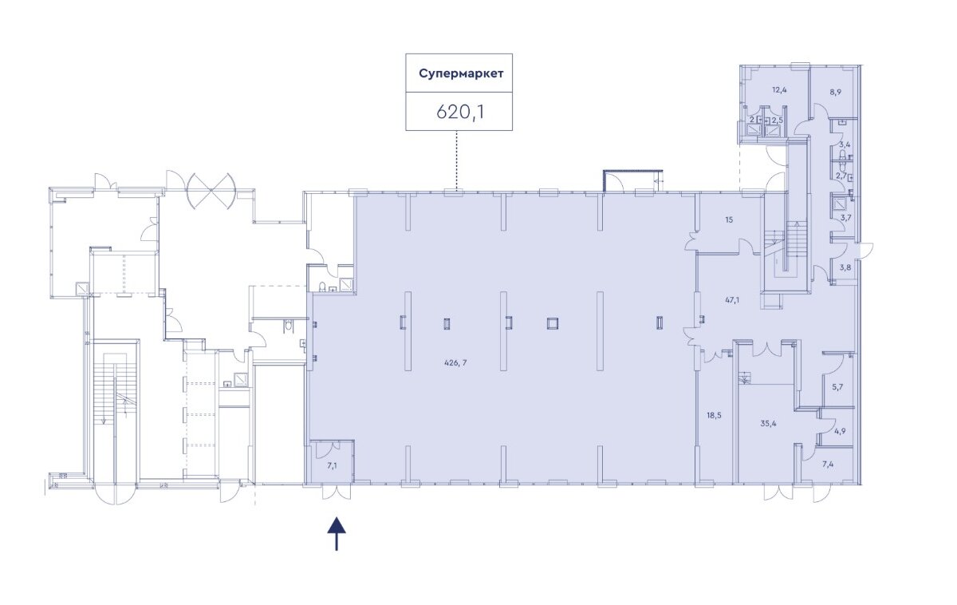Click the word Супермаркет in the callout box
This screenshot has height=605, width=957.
461,73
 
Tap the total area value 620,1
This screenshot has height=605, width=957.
460,112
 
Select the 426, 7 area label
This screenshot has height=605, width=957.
456,363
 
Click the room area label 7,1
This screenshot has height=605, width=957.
332,465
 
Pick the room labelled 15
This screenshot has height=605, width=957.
729,219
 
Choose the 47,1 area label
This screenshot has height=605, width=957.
732,300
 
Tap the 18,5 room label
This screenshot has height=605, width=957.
714,415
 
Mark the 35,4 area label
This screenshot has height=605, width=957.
768,424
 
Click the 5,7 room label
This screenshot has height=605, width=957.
837,387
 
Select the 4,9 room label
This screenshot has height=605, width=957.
840,431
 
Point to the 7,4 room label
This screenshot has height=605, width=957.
828,464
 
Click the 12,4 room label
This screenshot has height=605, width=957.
779,89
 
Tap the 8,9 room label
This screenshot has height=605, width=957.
835,92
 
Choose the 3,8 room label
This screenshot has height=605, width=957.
845,267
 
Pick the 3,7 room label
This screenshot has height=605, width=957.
846,217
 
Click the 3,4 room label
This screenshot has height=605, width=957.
845,144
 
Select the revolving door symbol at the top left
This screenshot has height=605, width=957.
211,191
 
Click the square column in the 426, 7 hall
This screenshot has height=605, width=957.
553,323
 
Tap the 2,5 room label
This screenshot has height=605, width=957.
777,121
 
